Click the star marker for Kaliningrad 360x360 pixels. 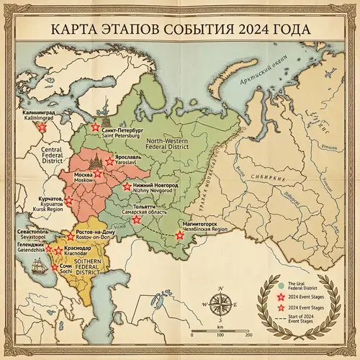pos(42,126)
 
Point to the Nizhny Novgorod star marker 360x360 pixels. pos(127,186)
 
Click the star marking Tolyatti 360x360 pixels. pos(136,220)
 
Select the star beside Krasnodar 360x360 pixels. pos(58,251)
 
